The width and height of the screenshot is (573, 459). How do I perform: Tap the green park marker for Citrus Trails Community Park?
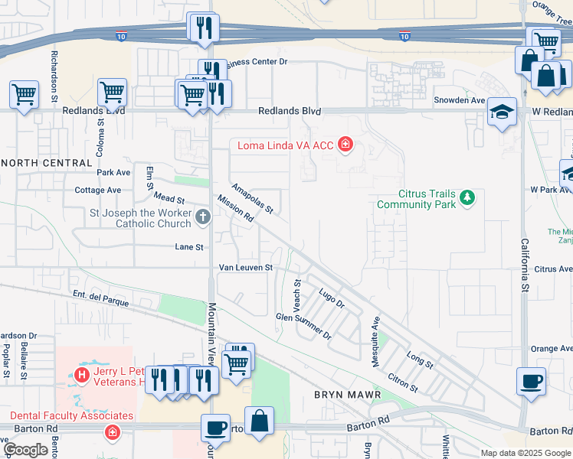[467, 200]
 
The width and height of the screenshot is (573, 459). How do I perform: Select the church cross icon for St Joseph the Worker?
[203, 217]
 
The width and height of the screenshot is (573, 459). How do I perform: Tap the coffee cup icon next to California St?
[531, 380]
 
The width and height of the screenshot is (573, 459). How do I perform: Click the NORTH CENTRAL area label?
[47, 163]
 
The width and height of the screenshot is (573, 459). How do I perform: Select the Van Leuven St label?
[246, 268]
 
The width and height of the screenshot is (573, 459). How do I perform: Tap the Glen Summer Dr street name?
[303, 324]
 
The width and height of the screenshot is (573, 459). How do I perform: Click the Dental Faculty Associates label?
[71, 416]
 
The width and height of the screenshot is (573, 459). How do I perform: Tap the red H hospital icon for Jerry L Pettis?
[82, 376]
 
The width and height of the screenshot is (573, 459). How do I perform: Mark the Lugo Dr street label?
[332, 297]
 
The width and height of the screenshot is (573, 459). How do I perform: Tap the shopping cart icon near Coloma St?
[112, 93]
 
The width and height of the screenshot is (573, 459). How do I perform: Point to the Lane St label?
[189, 247]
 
